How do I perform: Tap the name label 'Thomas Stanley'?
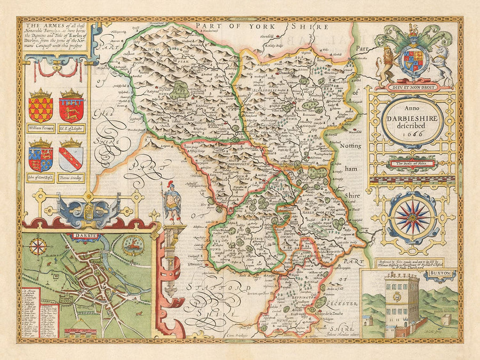tap(71, 178)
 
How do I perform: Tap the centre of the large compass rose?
tap(412, 217)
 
